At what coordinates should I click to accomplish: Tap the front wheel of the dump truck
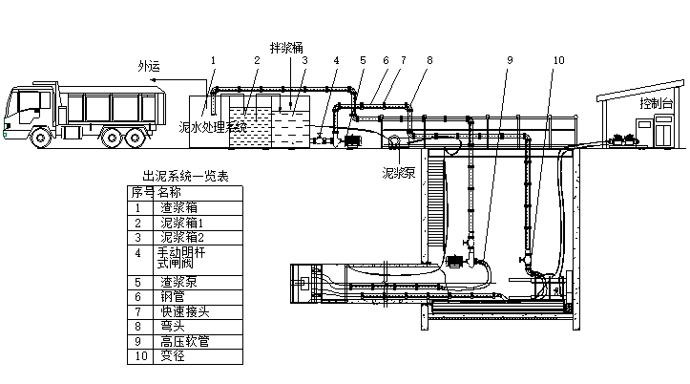click(x=42, y=137)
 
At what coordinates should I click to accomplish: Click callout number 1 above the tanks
click(x=214, y=59)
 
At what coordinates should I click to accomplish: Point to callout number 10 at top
click(x=558, y=59)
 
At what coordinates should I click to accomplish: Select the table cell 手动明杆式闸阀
click(x=182, y=259)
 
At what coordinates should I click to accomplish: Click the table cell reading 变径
click(x=174, y=355)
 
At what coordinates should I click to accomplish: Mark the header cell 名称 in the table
click(x=169, y=191)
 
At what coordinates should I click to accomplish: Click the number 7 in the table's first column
click(x=137, y=311)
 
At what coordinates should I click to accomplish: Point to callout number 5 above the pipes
click(x=363, y=59)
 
